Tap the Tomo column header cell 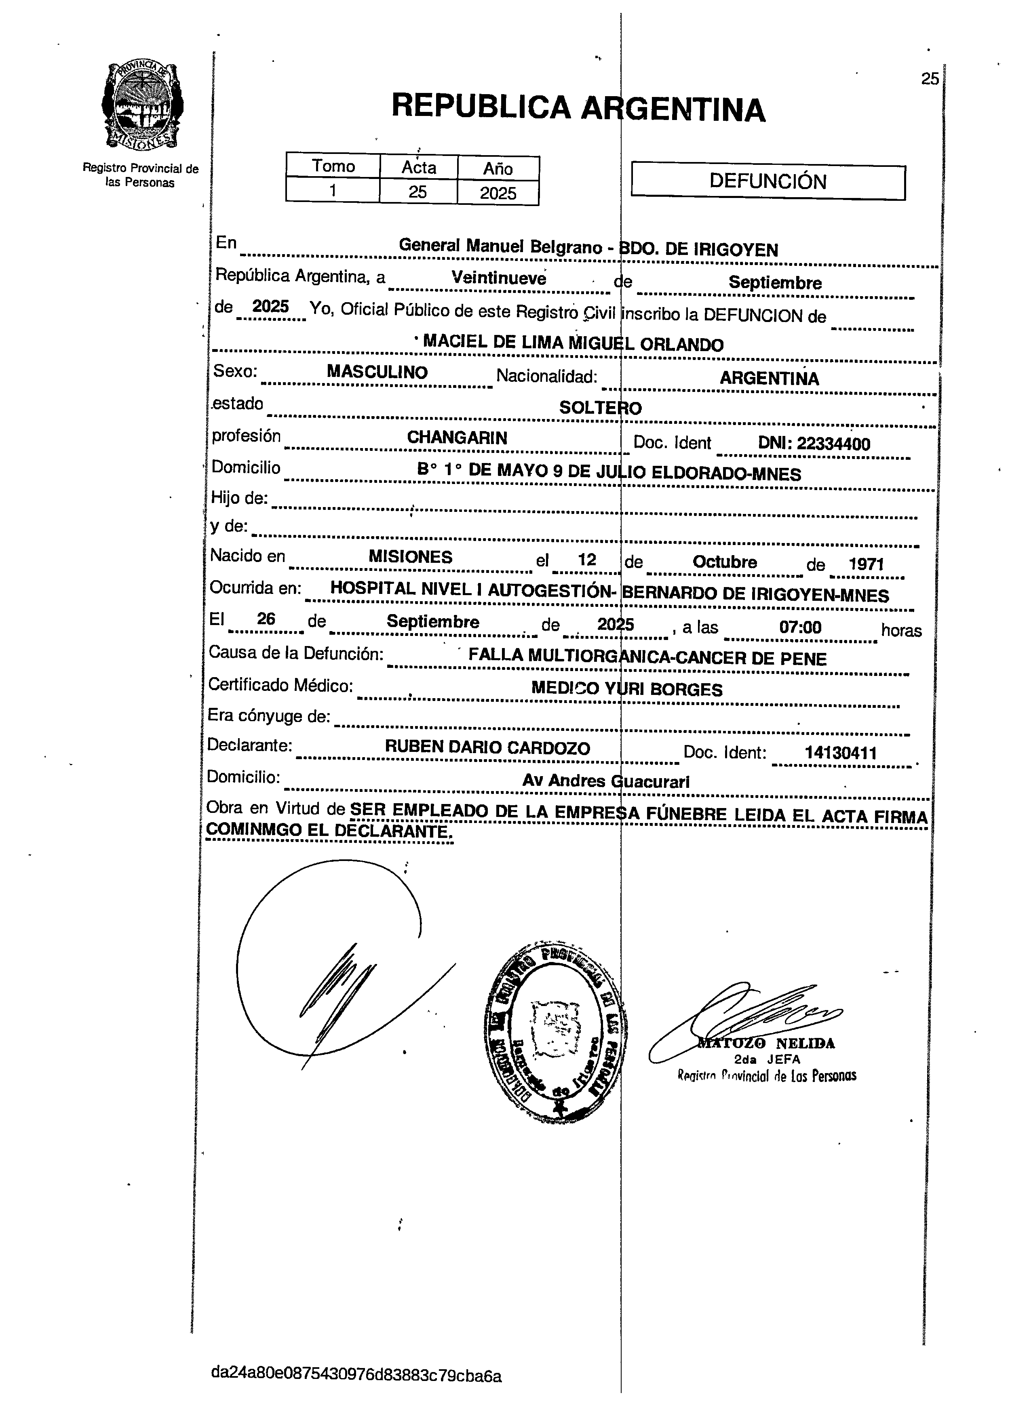point(333,166)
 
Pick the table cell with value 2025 point(498,193)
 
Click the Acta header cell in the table point(418,167)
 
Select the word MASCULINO point(377,372)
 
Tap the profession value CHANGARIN point(457,438)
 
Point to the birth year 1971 point(866,564)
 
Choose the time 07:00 point(800,627)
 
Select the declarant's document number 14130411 point(840,753)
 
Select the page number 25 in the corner point(930,79)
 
